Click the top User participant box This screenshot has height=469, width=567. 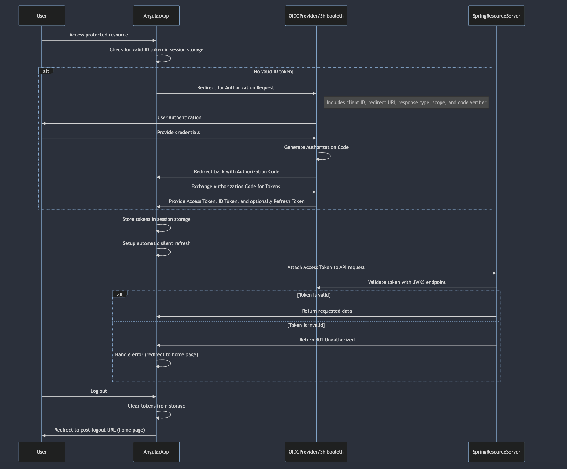point(42,16)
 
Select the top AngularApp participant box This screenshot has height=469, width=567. point(156,16)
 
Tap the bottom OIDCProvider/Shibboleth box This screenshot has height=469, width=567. point(316,452)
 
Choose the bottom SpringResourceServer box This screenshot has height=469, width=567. point(496,452)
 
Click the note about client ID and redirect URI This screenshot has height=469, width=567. point(406,103)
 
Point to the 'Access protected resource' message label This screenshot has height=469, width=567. point(99,35)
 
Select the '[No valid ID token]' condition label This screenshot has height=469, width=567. point(273,72)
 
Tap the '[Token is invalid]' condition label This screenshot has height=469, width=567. point(306,325)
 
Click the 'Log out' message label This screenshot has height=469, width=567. point(99,391)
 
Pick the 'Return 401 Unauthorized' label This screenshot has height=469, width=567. point(327,340)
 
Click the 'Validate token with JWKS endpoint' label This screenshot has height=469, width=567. point(407,282)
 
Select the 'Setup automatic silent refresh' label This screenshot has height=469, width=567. point(156,243)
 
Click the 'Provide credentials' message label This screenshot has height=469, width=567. point(178,133)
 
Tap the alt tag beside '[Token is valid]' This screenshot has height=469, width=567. point(120,294)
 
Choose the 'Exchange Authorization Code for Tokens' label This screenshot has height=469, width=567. point(236,187)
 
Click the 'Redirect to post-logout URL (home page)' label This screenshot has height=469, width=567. point(100,430)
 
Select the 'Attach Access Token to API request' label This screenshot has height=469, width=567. point(326,268)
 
